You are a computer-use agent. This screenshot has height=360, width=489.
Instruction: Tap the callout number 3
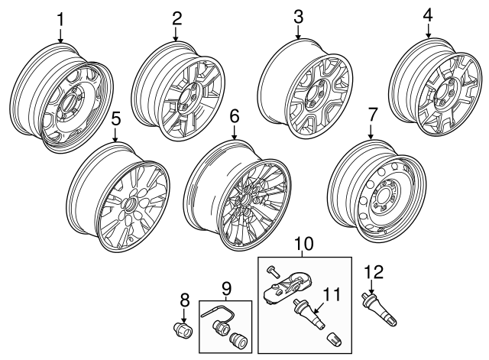[299, 16]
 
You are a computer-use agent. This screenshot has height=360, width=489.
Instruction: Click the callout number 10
[303, 244]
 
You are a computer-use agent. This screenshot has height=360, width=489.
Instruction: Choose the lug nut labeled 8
[184, 332]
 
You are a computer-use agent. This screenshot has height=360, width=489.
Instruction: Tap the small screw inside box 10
[271, 270]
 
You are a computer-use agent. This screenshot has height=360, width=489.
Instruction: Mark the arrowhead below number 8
[183, 319]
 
